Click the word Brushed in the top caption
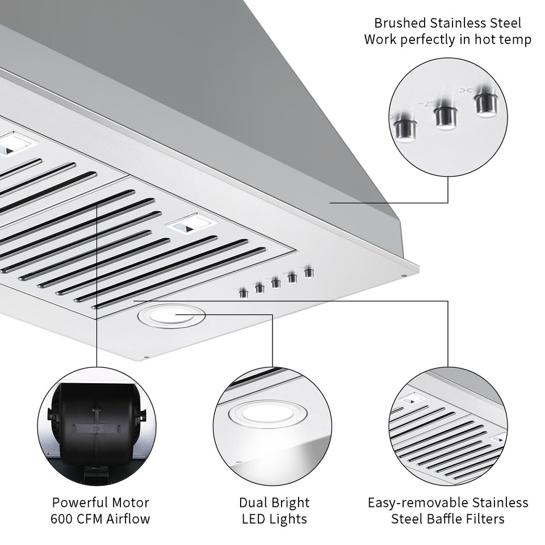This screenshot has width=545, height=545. pyautogui.click(x=399, y=23)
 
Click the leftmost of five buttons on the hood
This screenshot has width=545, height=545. pyautogui.click(x=244, y=293)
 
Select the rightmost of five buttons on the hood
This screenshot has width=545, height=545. pyautogui.click(x=309, y=272)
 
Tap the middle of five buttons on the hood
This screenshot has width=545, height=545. pyautogui.click(x=276, y=283)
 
